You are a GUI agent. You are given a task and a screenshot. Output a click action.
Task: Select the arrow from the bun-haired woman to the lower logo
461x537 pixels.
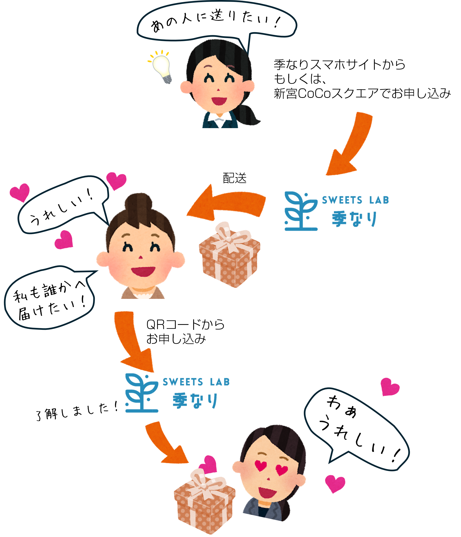pyautogui.click(x=132, y=342)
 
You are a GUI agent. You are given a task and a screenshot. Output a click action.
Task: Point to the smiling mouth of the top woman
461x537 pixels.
pyautogui.click(x=219, y=100)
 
